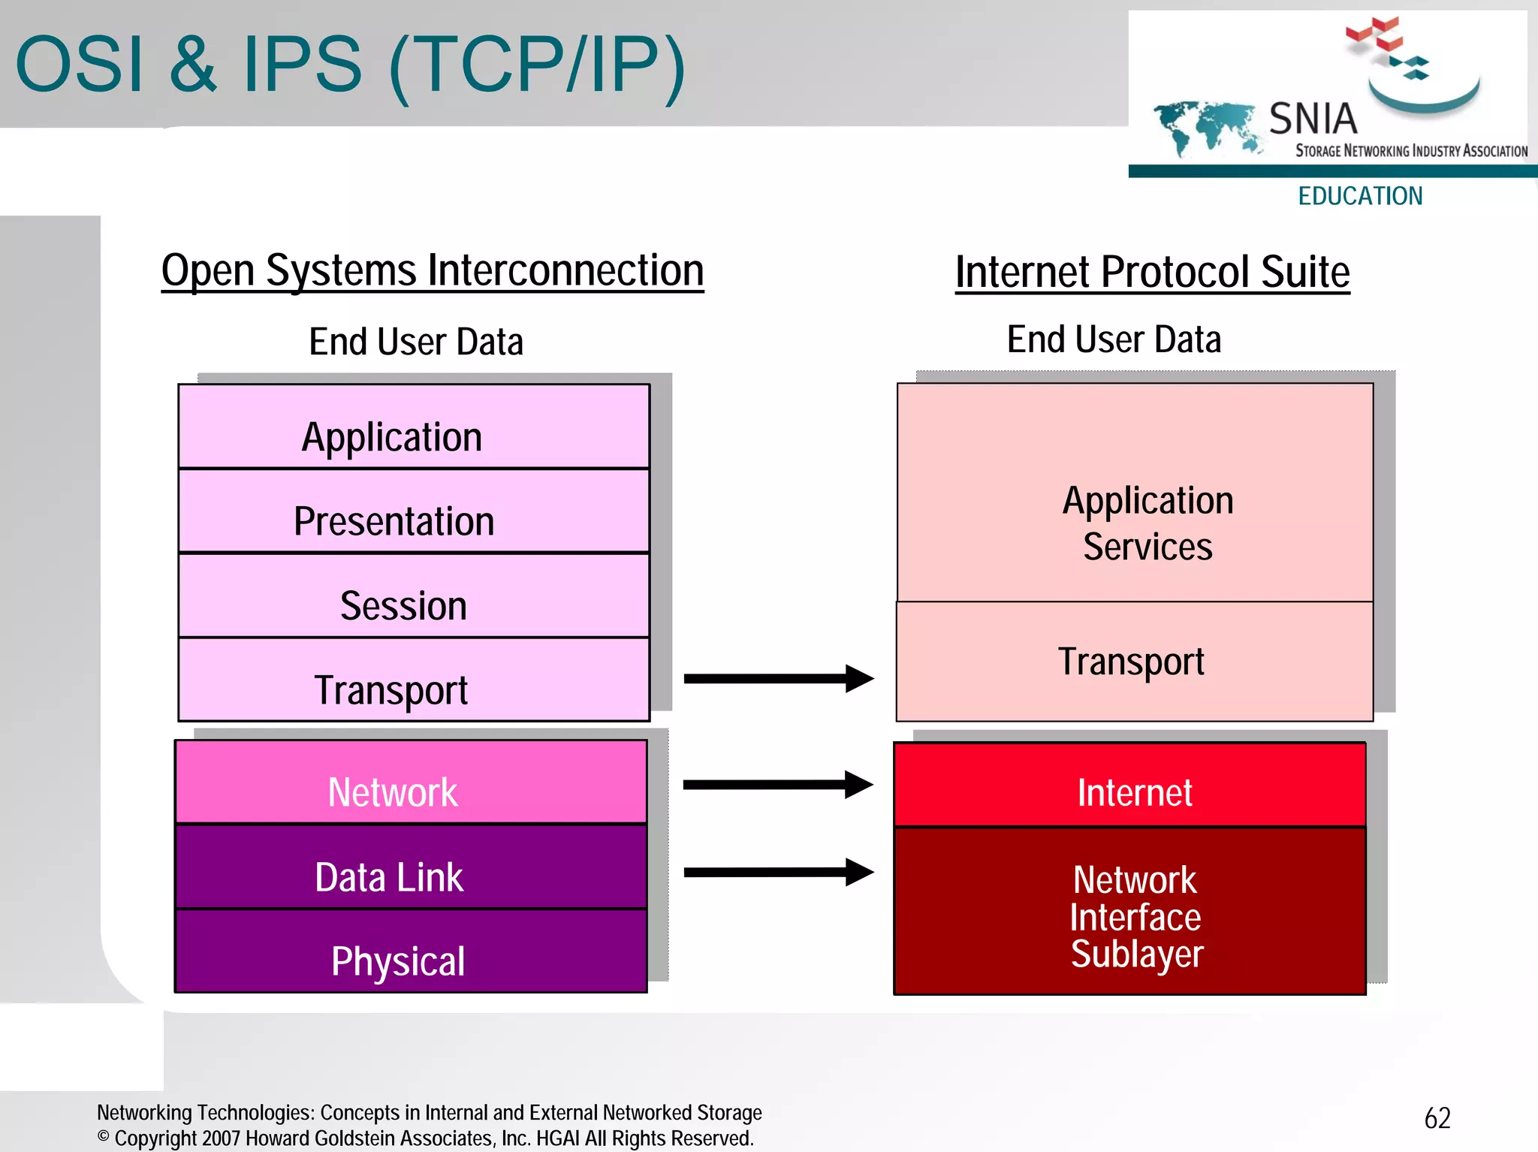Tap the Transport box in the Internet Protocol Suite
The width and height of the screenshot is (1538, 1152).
click(x=1135, y=662)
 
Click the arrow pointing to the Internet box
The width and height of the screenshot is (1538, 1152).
click(x=778, y=785)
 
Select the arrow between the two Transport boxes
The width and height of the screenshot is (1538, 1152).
click(x=778, y=679)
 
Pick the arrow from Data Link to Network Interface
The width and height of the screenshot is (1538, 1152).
click(x=778, y=873)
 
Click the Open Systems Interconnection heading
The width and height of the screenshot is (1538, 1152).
click(x=433, y=270)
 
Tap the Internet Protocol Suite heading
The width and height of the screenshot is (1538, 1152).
click(x=1152, y=272)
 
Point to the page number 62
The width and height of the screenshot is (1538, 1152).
click(x=1437, y=1118)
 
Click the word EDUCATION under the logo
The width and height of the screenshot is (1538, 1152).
click(x=1360, y=196)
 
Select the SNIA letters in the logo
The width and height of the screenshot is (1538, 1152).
click(x=1313, y=119)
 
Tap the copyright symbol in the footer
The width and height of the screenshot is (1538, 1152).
click(x=104, y=1136)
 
